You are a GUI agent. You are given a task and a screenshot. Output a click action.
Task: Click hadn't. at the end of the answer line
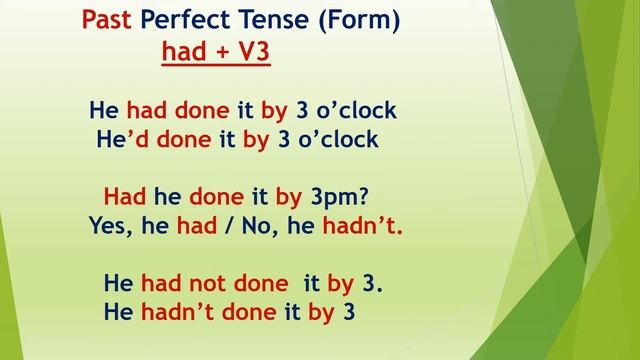pos(361,226)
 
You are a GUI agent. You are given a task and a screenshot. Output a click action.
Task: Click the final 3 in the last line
pos(349,313)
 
